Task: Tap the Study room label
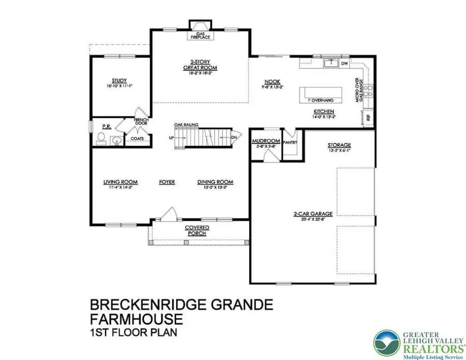(120, 80)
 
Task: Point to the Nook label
(272, 82)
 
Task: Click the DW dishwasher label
(344, 64)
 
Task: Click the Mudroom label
(266, 141)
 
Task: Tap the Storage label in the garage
(339, 145)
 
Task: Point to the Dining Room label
(215, 182)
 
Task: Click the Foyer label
(167, 182)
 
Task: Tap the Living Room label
(120, 182)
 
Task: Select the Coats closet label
(137, 138)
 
